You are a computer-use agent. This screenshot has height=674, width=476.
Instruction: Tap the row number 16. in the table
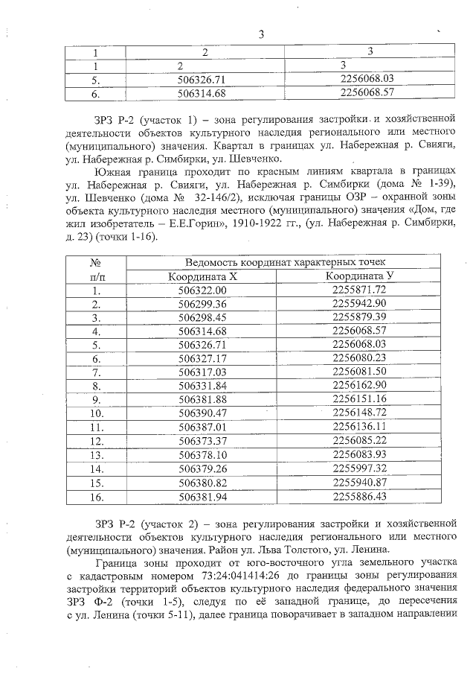94,495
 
